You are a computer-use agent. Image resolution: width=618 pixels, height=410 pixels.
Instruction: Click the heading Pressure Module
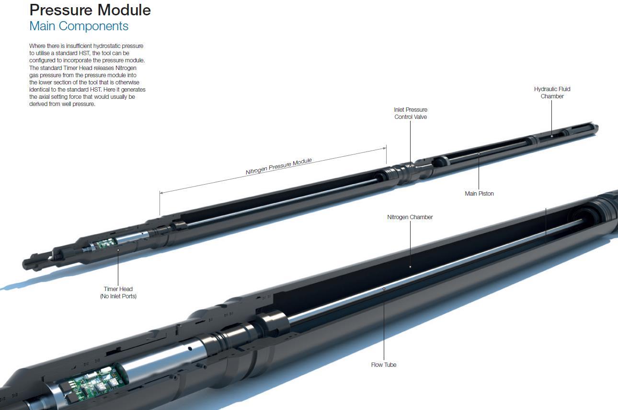point(90,10)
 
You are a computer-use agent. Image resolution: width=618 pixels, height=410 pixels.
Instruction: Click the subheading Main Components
point(79,26)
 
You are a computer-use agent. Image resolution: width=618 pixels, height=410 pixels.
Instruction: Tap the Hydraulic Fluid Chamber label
point(552,93)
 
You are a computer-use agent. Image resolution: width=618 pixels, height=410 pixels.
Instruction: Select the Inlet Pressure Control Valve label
point(411,113)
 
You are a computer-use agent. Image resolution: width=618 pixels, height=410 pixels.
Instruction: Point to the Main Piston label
point(479,194)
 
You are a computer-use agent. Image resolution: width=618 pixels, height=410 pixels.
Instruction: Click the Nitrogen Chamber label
point(410,217)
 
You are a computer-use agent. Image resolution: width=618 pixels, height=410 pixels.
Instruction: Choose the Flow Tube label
point(383,365)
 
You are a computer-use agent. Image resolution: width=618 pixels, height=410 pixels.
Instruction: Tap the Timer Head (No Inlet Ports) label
point(118,293)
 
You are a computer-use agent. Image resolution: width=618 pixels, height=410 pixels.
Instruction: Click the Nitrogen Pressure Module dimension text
point(279,166)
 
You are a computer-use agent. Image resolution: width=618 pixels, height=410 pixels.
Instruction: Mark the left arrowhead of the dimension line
point(161,193)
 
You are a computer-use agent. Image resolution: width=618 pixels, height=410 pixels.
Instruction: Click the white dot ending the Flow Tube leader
point(384,289)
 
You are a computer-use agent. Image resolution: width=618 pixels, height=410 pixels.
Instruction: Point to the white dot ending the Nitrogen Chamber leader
point(410,267)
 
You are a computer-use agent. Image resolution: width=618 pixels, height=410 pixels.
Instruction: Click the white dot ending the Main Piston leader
point(479,154)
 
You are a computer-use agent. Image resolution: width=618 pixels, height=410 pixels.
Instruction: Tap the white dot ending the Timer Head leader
point(118,250)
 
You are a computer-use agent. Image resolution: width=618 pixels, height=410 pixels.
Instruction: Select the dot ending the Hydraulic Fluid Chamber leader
point(551,136)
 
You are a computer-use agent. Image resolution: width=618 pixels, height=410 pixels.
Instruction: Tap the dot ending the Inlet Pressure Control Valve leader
point(410,166)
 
